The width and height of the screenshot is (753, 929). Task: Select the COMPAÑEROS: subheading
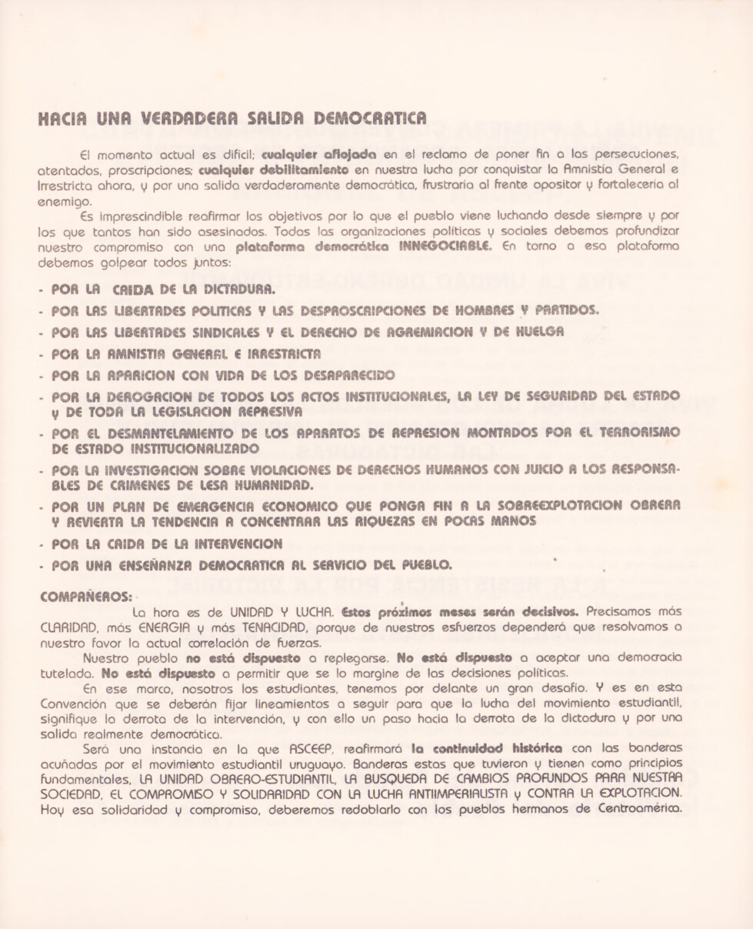click(85, 595)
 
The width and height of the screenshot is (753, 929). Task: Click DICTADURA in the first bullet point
click(232, 290)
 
